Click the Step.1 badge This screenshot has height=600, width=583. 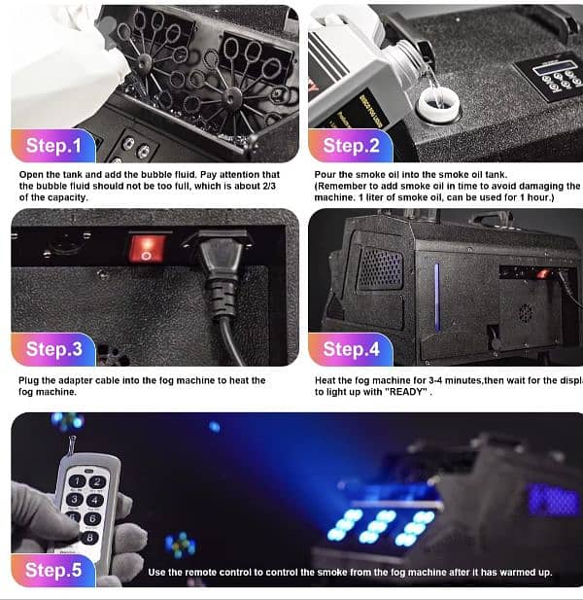coord(52,146)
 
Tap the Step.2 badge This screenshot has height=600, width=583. coord(351,146)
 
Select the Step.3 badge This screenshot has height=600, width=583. coord(53,348)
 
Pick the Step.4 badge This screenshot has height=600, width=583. coord(351,348)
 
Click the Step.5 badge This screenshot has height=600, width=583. coord(53,569)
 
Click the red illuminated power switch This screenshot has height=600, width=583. coord(146,248)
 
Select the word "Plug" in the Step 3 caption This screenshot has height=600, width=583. coord(31,380)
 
